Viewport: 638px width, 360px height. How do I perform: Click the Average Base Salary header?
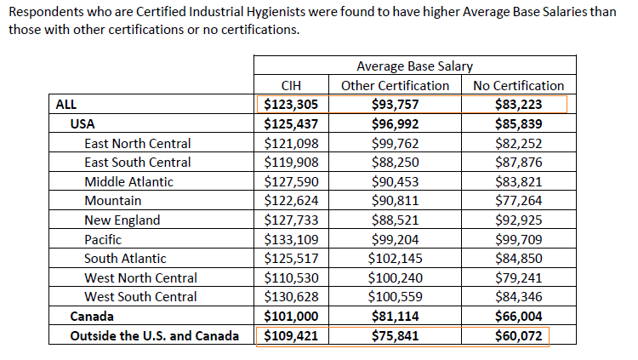point(414,66)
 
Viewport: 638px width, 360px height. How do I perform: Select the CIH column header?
point(291,85)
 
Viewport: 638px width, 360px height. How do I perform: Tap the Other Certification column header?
point(395,85)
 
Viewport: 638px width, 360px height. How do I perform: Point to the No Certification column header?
point(518,85)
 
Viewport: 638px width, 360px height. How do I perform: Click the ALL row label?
point(66,105)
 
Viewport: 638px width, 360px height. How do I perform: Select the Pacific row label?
point(103,239)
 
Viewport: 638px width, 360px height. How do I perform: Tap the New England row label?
point(122,220)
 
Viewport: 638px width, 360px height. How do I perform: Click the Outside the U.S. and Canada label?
point(154,336)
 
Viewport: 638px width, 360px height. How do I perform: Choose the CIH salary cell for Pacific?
point(291,239)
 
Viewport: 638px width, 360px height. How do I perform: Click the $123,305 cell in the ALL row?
point(291,105)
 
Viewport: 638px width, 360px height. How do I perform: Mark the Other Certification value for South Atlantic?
point(395,258)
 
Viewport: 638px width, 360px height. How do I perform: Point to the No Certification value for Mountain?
point(518,200)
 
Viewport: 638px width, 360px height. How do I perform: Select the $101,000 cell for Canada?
point(291,317)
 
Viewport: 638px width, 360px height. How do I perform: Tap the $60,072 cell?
point(518,336)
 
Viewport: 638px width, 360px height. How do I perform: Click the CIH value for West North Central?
point(291,277)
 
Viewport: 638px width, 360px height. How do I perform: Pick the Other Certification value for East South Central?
point(395,162)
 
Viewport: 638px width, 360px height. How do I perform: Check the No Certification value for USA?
point(518,123)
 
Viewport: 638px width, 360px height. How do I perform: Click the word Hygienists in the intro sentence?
point(276,12)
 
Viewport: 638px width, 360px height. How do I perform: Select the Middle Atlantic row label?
point(128,181)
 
